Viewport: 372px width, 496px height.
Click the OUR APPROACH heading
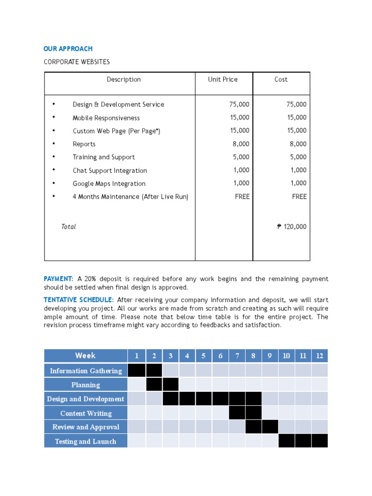(x=68, y=49)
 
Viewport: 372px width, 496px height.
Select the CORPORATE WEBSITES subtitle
(x=77, y=62)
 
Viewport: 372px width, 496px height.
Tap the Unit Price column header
(x=223, y=79)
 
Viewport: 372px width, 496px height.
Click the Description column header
(x=124, y=79)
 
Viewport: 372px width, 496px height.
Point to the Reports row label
(x=84, y=144)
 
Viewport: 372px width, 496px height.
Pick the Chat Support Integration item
(x=109, y=170)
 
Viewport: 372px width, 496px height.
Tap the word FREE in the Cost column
(x=299, y=197)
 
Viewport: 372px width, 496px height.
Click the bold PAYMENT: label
(x=59, y=279)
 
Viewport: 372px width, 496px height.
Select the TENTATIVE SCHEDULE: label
(x=78, y=299)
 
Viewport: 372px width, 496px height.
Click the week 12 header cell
(x=319, y=356)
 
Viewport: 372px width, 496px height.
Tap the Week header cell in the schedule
(x=85, y=356)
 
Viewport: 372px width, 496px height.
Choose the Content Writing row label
(x=86, y=413)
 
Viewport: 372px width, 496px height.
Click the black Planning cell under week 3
(x=170, y=385)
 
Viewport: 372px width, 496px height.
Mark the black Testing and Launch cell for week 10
(x=286, y=441)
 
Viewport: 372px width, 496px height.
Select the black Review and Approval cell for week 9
(x=270, y=427)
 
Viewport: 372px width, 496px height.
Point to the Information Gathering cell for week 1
(x=137, y=371)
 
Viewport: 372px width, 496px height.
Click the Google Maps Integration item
(x=109, y=184)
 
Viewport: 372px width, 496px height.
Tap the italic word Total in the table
(x=68, y=227)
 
